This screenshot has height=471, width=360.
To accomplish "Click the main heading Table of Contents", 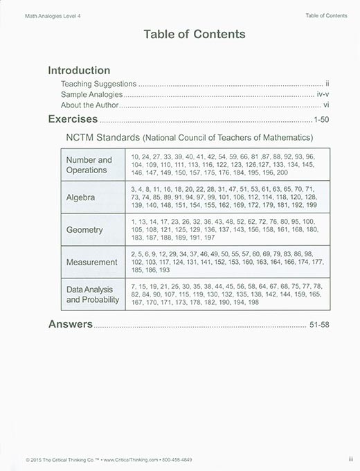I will [x=194, y=34].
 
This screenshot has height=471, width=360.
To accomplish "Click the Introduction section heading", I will [x=78, y=70].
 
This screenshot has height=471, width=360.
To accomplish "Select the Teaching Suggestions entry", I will [x=98, y=83].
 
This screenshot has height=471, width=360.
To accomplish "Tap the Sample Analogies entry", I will [x=91, y=94].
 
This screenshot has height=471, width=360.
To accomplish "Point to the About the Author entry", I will [x=90, y=105].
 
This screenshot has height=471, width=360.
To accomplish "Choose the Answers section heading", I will [x=70, y=323].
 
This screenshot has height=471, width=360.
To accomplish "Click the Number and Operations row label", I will [x=89, y=165].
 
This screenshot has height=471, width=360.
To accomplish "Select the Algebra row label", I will [x=80, y=197].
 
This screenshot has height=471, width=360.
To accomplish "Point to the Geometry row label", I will [x=84, y=229].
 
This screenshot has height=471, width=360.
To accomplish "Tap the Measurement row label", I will [x=91, y=263].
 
